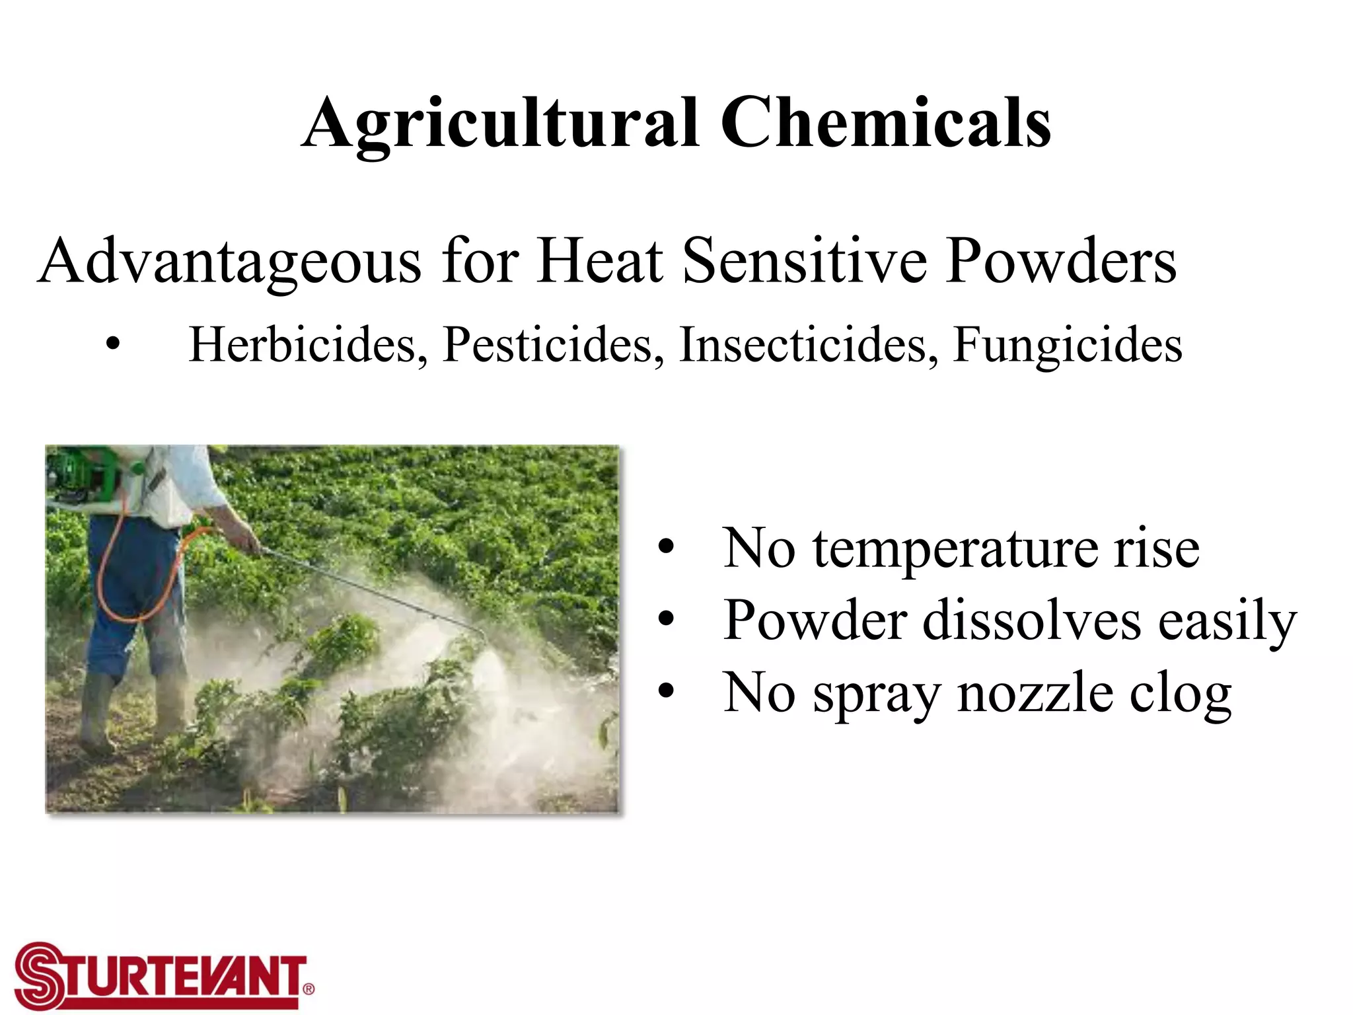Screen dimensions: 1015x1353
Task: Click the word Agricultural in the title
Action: [500, 124]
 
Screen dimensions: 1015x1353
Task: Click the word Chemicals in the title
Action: [885, 123]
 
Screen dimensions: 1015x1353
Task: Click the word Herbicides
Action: [308, 345]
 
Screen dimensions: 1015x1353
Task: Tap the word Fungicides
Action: [1067, 345]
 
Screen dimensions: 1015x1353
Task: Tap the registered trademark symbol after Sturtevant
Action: [309, 989]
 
